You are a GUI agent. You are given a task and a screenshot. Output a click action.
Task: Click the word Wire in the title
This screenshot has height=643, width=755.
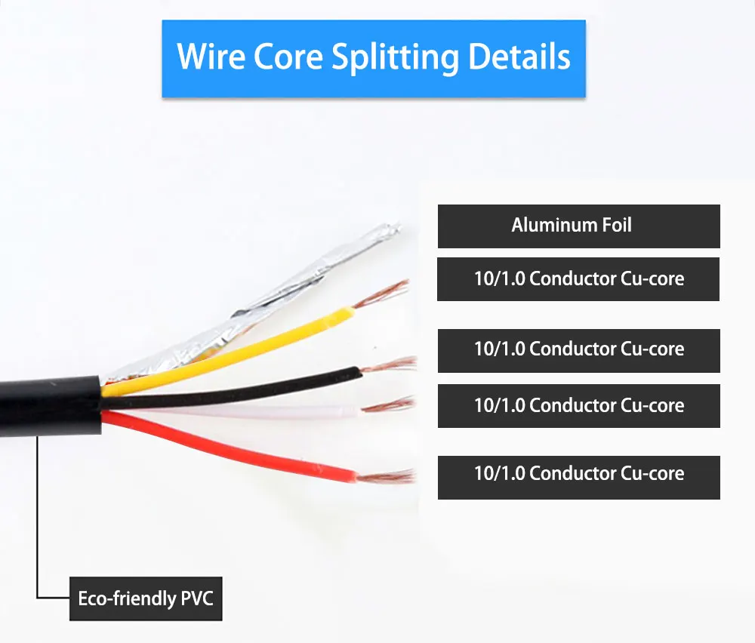point(211,57)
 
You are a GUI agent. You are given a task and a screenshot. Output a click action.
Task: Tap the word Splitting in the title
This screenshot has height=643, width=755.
point(395,59)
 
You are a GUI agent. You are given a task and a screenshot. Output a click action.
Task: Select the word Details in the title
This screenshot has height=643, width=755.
point(519,57)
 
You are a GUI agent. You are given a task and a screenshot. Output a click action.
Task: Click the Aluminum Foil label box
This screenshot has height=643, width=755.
point(579,226)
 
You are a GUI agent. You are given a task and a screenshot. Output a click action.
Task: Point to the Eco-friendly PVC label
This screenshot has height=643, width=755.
point(146,598)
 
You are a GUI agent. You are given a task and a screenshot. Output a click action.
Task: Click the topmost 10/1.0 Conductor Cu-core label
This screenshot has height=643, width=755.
point(578,279)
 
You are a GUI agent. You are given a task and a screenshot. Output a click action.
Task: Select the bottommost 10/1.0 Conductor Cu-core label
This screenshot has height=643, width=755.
point(579,478)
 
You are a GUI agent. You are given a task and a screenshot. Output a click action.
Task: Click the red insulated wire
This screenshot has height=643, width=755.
point(231,445)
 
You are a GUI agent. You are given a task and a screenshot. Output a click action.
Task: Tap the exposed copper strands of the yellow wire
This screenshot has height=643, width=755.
point(381,294)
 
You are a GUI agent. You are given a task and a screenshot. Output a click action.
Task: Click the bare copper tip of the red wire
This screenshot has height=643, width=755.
point(385,476)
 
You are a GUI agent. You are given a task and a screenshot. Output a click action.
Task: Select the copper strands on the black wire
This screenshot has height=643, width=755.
point(389,365)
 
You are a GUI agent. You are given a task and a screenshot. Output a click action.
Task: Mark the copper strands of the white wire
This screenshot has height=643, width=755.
point(388,405)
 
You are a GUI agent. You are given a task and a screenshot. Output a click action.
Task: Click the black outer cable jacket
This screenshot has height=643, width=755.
point(51,407)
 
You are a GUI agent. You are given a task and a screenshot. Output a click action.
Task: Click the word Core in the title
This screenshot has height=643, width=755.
point(288,57)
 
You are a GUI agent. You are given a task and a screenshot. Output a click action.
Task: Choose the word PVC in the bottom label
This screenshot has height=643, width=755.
point(197,598)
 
